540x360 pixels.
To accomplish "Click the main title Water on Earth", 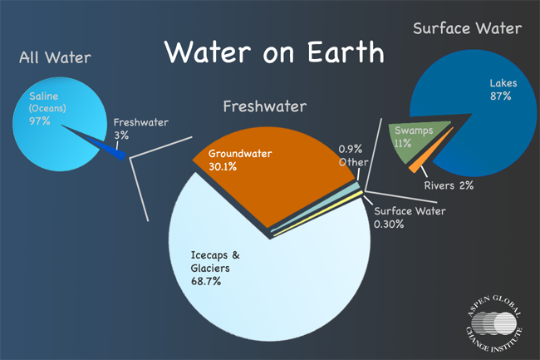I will [x=273, y=52].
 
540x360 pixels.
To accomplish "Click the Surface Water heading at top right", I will [x=467, y=29].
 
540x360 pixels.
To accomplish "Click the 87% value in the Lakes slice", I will [x=502, y=96].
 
